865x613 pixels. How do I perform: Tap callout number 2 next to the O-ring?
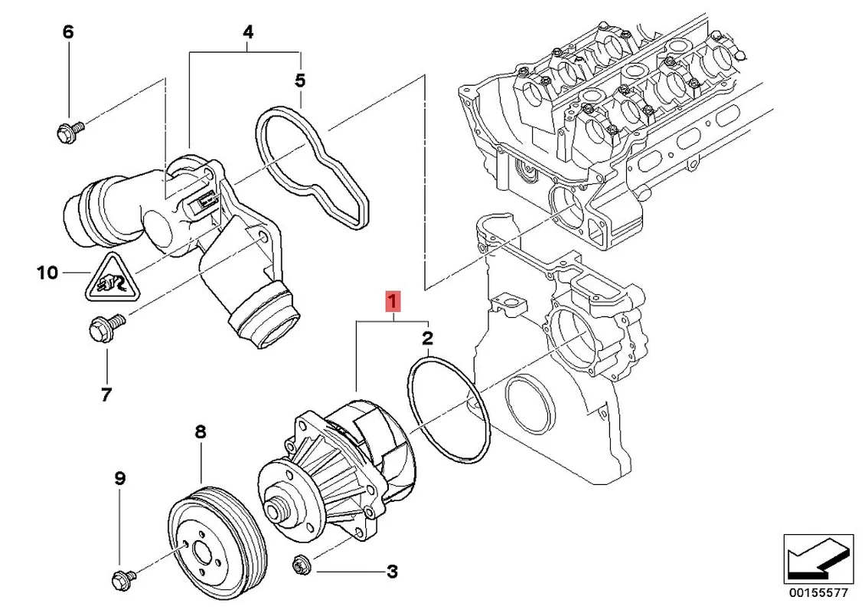pos(428,338)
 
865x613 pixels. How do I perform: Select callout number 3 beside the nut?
pos(391,571)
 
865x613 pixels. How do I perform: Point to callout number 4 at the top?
pos(247,32)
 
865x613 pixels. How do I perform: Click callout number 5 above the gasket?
pos(300,80)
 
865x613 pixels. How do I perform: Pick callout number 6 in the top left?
pos(67,32)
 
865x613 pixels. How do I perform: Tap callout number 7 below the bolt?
pos(106,395)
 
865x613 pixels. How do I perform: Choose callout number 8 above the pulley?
pos(201,432)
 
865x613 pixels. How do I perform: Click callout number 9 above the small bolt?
pos(119,479)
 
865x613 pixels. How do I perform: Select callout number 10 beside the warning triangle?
pos(47,272)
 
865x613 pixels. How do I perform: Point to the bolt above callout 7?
pos(103,329)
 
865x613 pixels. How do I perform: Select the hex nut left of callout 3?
pos(300,566)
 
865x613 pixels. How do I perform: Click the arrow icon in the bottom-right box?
pos(818,556)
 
